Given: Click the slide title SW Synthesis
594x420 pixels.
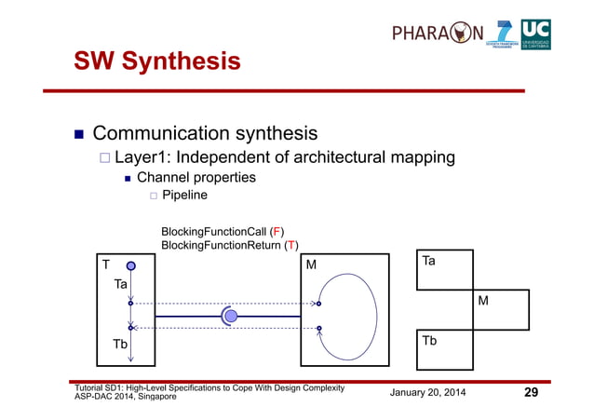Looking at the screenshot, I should click(x=157, y=61).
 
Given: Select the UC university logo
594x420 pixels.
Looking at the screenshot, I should click(x=535, y=34).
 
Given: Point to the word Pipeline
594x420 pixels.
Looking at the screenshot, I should click(x=184, y=196).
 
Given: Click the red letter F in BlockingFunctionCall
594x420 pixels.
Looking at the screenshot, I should click(x=277, y=231).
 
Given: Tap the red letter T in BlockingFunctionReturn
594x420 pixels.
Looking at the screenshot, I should click(x=291, y=245).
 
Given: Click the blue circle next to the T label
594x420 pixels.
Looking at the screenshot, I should click(x=131, y=266).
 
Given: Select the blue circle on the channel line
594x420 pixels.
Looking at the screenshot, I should click(x=231, y=317).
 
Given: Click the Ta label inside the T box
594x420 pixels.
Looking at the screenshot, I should click(x=120, y=284).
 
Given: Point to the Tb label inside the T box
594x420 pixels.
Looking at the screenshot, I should click(x=120, y=345).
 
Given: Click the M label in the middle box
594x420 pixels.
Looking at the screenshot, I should click(x=312, y=265).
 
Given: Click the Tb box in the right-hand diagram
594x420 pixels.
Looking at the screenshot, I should click(x=443, y=350).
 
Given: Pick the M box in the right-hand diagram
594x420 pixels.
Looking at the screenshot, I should click(x=500, y=310).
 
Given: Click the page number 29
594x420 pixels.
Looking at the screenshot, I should click(x=531, y=392).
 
